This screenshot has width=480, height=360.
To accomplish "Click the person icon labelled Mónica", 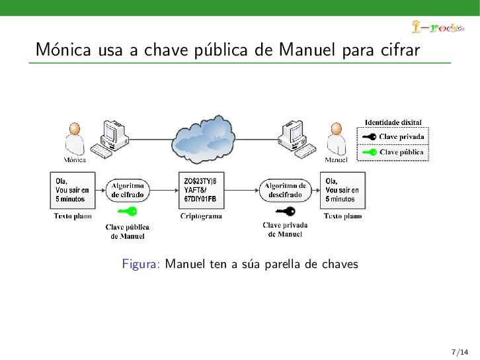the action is point(75,139).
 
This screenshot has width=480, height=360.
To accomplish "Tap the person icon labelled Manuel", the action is point(337,139).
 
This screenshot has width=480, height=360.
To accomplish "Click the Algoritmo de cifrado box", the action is point(128,191).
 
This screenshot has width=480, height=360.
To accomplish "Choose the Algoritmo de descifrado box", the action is point(285,191).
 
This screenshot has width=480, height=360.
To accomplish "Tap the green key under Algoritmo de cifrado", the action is point(127,212).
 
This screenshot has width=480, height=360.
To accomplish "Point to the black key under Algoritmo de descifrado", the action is point(285,212).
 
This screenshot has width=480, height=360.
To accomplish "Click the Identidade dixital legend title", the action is point(393,122).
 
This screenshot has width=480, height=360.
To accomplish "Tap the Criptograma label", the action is point(202,216).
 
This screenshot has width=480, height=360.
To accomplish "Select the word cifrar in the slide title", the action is point(401,50).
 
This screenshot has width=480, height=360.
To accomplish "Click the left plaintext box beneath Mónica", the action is point(73,190).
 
